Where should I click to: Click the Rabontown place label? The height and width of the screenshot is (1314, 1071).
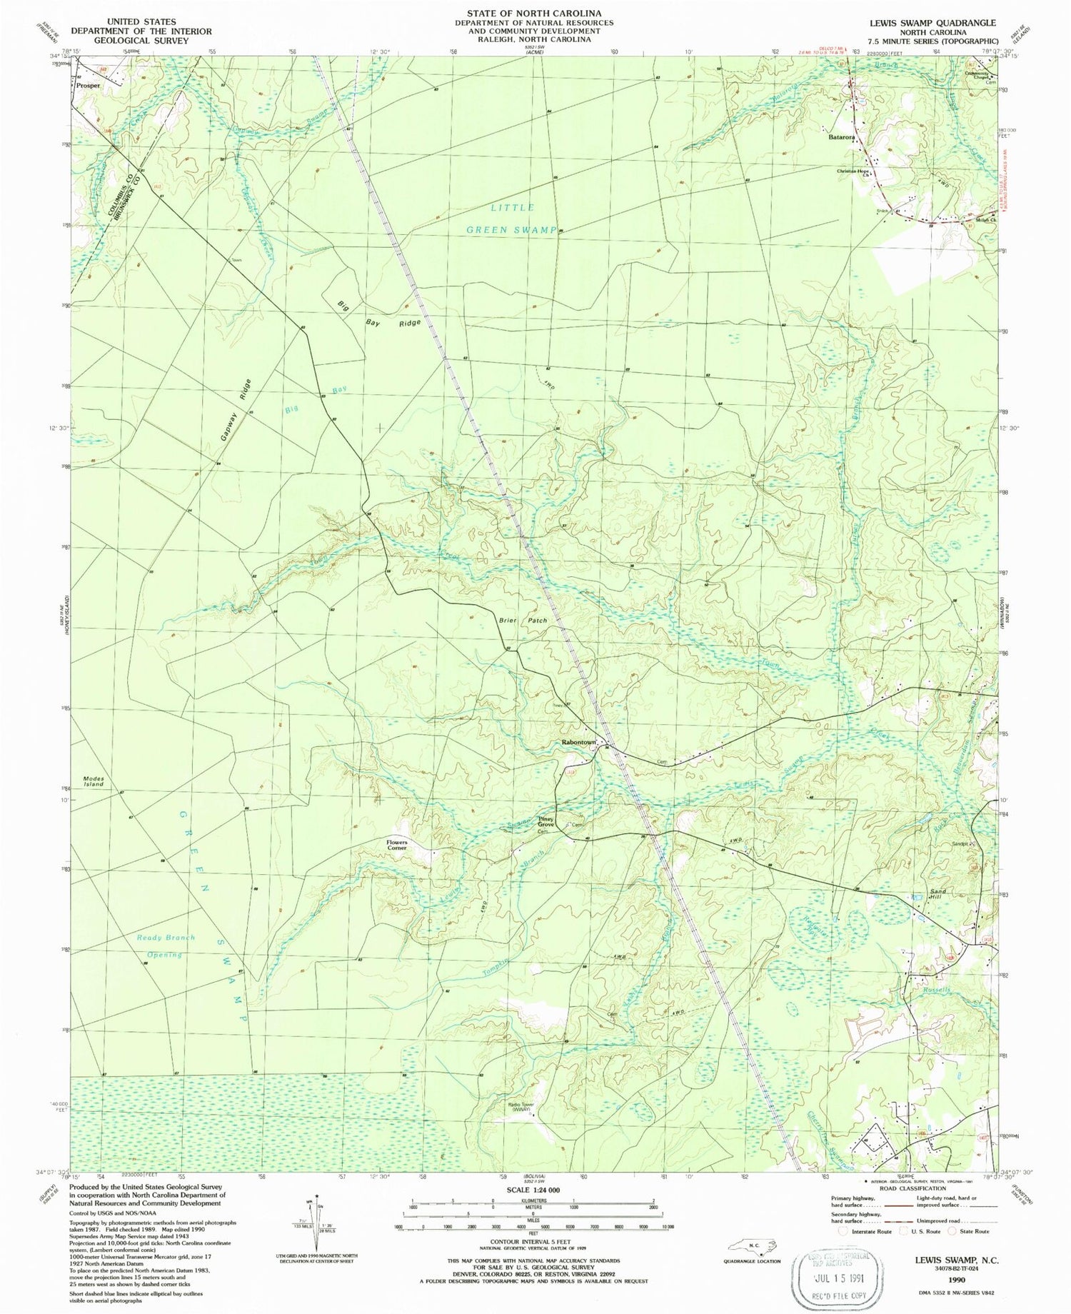(578, 743)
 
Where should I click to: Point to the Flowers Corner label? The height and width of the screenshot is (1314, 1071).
(397, 845)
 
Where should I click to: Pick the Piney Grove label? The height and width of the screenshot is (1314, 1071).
(546, 822)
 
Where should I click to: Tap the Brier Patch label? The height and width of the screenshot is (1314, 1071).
(523, 621)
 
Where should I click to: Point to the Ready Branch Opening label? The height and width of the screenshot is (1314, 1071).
(164, 946)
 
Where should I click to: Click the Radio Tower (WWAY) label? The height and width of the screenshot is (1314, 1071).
(521, 1108)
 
